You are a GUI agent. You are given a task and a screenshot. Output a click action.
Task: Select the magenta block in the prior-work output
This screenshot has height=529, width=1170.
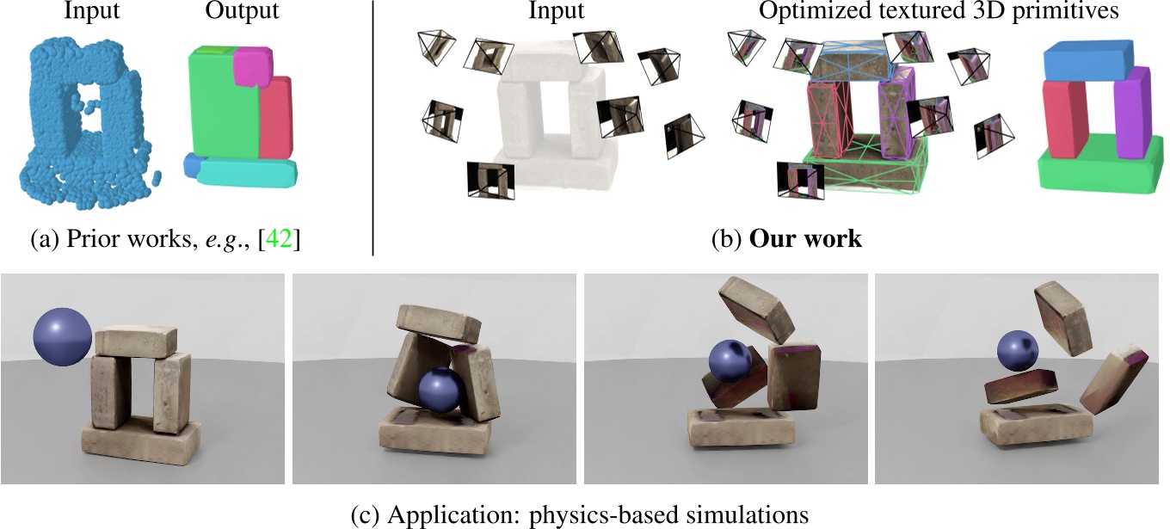tap(255, 67)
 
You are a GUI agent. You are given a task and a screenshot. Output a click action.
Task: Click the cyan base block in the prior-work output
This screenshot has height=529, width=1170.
tap(248, 174)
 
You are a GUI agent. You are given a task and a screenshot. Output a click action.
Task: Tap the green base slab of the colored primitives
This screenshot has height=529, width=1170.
tap(1093, 168)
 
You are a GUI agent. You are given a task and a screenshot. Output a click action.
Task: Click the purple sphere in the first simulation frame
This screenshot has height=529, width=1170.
tap(63, 336)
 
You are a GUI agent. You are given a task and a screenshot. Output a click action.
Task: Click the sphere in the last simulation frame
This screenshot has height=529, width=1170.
tap(1016, 352)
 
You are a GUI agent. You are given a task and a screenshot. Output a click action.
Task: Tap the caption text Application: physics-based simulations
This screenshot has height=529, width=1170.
tap(598, 514)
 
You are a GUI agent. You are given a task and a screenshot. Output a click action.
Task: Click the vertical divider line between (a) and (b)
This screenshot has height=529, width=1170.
tap(373, 129)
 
